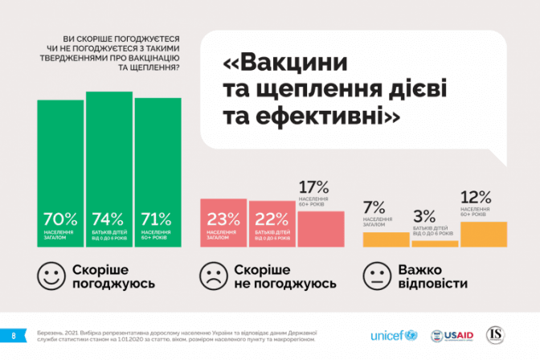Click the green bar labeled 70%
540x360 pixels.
point(60,173)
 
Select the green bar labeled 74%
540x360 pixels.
point(109,169)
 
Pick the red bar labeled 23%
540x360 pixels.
point(223,224)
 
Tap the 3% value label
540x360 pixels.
point(424,215)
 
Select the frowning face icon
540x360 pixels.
point(211,276)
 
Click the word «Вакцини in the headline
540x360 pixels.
point(284,63)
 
